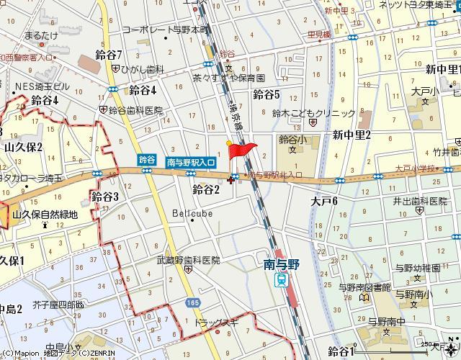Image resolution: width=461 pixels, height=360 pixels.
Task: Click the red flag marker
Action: (x=242, y=150)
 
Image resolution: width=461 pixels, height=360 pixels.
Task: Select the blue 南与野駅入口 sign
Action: (x=191, y=163)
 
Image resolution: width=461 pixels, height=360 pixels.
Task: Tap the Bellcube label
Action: (x=191, y=214)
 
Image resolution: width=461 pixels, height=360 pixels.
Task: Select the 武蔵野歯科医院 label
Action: (x=189, y=260)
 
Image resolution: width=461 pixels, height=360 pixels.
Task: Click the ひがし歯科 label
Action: (x=143, y=69)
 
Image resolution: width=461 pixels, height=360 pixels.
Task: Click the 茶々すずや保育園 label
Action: (x=229, y=77)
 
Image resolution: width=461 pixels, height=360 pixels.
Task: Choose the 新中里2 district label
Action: (x=352, y=134)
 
